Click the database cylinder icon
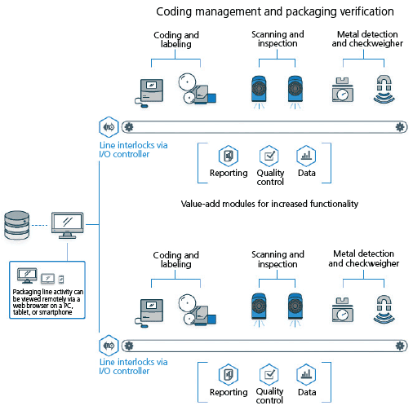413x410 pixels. pyautogui.click(x=17, y=225)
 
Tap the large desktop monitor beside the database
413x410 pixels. pyautogui.click(x=68, y=225)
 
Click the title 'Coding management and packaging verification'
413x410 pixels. pyautogui.click(x=275, y=11)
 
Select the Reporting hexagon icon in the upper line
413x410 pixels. pyautogui.click(x=229, y=156)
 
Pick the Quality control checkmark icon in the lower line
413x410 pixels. pyautogui.click(x=269, y=374)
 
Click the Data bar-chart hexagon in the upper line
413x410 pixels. pyautogui.click(x=306, y=156)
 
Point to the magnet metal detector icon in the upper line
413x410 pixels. pyautogui.click(x=384, y=89)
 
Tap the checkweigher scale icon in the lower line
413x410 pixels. pyautogui.click(x=343, y=310)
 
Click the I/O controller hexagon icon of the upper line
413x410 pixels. pyautogui.click(x=109, y=127)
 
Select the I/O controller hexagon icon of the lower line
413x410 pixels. pyautogui.click(x=109, y=346)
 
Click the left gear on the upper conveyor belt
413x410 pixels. pyautogui.click(x=129, y=127)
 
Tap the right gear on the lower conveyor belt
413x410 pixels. pyautogui.click(x=400, y=346)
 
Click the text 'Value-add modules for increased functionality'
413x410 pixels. pyautogui.click(x=269, y=204)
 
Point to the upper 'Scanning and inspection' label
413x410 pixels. pyautogui.click(x=278, y=39)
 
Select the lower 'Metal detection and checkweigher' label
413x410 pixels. pyautogui.click(x=364, y=258)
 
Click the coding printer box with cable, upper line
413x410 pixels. pyautogui.click(x=149, y=93)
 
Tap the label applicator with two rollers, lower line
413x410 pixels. pyautogui.click(x=197, y=310)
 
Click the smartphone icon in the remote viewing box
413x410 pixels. pyautogui.click(x=61, y=279)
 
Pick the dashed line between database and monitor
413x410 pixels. pyautogui.click(x=40, y=225)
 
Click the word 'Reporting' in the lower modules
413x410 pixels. pyautogui.click(x=229, y=392)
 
